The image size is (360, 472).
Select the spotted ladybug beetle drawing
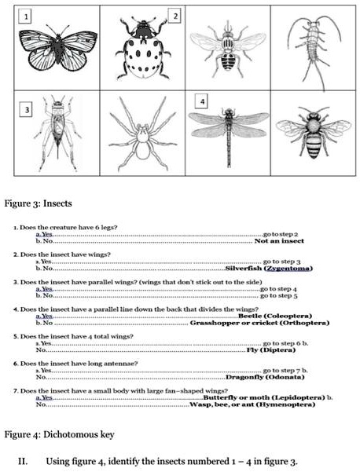(x=142, y=49)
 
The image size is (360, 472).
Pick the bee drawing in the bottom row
(x=313, y=134)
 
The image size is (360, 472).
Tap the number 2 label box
(x=175, y=16)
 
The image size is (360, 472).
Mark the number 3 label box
(x=28, y=109)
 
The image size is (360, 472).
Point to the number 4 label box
(x=203, y=103)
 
